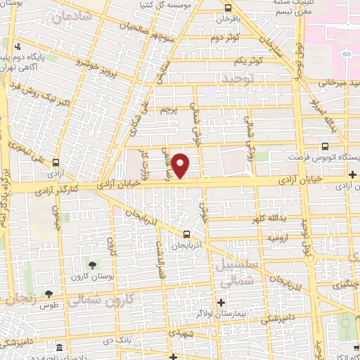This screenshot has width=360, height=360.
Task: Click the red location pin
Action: (181, 166)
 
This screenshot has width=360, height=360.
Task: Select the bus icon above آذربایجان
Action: (186, 235)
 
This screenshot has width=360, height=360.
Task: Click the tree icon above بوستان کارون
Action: (93, 264)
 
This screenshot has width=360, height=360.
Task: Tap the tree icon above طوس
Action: (49, 295)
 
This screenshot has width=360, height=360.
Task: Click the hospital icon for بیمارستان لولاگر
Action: (221, 303)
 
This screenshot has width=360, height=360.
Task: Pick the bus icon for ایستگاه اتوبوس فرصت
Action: (324, 146)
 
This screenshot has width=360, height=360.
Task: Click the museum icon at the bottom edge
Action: (59, 349)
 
